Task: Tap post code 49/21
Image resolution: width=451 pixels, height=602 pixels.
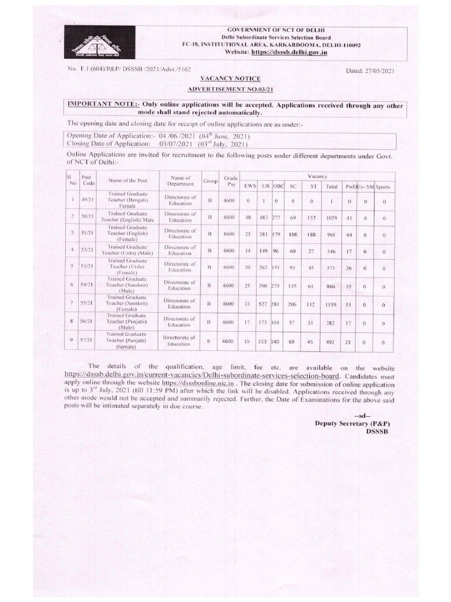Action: (x=87, y=201)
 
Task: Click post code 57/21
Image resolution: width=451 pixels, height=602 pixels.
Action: (x=87, y=340)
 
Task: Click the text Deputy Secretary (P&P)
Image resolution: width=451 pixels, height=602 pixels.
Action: (x=352, y=423)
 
